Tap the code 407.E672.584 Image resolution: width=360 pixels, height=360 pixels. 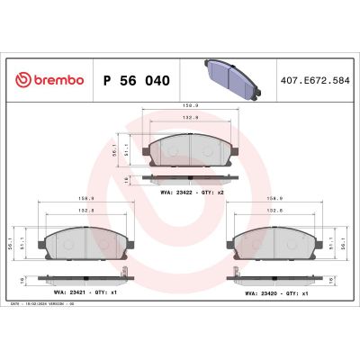point(315,80)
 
